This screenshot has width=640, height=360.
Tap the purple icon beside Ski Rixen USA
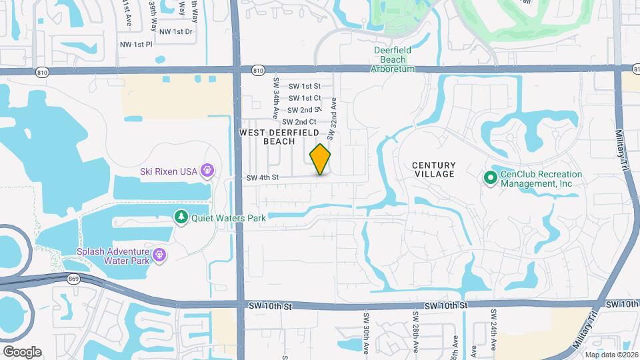pyautogui.click(x=207, y=171)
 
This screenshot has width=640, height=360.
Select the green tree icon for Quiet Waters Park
pyautogui.click(x=181, y=217)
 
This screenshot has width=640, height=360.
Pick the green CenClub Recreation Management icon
pyautogui.click(x=490, y=178)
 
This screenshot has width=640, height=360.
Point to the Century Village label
pyautogui.click(x=433, y=169)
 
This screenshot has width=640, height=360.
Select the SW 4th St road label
pyautogui.click(x=262, y=178)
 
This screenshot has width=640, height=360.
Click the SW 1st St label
pyautogui.click(x=305, y=86)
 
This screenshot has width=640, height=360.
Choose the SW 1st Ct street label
pyautogui.click(x=305, y=98)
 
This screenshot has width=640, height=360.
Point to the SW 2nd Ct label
pyautogui.click(x=299, y=122)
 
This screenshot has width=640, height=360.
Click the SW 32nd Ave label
pyautogui.click(x=329, y=117)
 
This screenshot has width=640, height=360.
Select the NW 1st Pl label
pyautogui.click(x=136, y=45)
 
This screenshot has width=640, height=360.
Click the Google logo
pyautogui.click(x=22, y=351)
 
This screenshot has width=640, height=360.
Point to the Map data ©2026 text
pyautogui.click(x=611, y=355)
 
